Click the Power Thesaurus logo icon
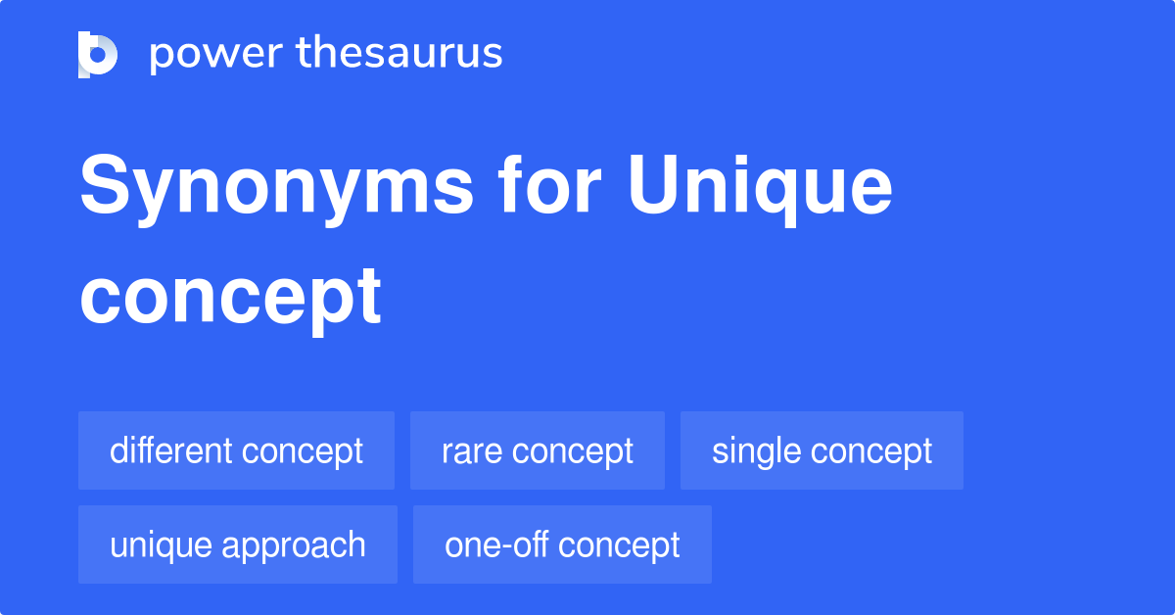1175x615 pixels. coord(98,54)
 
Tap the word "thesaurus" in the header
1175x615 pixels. coord(399,54)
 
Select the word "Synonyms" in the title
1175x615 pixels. coord(277,188)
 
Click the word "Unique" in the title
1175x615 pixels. coord(760,188)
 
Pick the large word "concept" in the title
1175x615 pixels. coord(230,297)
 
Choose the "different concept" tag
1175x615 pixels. coord(236,450)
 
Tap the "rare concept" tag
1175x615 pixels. coord(537,450)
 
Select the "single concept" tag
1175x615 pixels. coord(822,450)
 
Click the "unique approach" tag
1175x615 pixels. coord(238,544)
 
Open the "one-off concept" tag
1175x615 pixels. coord(562,544)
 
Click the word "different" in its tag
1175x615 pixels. coord(171,450)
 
